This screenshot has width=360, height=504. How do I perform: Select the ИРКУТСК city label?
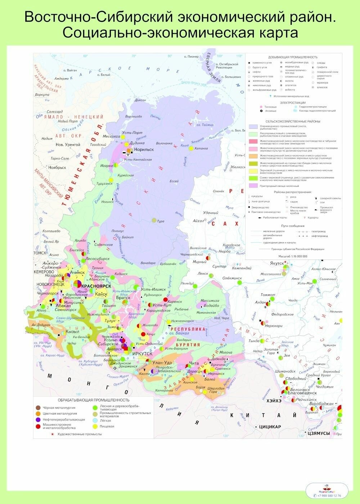coord(142,354)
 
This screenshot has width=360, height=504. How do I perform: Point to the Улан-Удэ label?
coord(162,362)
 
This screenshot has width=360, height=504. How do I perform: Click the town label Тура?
coord(161,221)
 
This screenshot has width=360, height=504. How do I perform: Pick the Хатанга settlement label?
coord(201,148)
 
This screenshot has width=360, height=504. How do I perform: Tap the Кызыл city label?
coord(72,332)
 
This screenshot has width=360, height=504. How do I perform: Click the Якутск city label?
coord(277,263)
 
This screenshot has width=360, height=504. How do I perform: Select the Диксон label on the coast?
coord(140,100)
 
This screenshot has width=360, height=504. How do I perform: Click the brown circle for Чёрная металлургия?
coord(38,408)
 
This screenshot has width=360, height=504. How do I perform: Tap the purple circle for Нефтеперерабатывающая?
coord(38,420)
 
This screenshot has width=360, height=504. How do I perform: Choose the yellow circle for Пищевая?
coord(95,426)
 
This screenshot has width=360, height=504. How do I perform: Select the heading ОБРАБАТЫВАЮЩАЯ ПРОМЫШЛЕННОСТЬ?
coord(93,400)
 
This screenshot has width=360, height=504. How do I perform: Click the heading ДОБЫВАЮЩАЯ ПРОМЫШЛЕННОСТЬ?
coord(293,57)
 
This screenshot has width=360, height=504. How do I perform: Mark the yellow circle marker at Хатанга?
coord(191,148)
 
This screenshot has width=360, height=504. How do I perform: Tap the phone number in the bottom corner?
coord(329,496)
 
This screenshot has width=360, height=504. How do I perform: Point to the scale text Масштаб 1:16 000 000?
coord(293,256)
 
